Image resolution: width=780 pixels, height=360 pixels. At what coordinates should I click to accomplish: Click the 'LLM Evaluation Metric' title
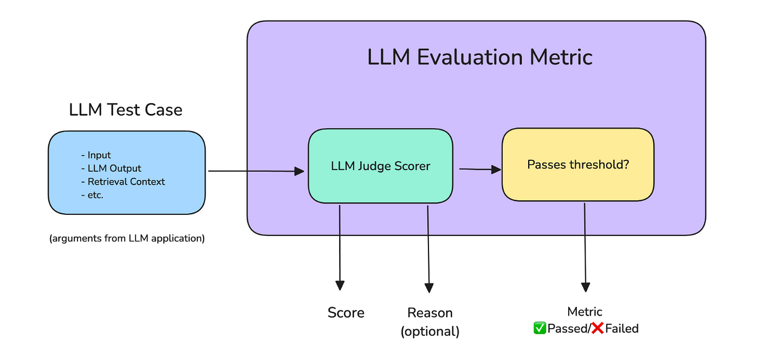tap(480, 57)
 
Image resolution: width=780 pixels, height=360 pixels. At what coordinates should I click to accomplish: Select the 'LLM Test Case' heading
tap(126, 110)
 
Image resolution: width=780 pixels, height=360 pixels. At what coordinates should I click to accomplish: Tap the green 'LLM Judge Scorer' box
tap(380, 166)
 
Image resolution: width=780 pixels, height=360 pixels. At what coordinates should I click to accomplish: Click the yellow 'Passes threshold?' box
tap(577, 164)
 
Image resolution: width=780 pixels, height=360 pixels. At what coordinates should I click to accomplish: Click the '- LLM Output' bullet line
tap(110, 168)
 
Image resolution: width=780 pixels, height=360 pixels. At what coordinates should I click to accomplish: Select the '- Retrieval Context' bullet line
tap(122, 181)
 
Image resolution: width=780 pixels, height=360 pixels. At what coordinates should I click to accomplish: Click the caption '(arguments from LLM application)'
tap(127, 238)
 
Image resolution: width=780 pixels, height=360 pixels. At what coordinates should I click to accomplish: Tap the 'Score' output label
tap(346, 312)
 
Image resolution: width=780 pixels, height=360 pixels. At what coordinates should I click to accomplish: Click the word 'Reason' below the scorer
tap(430, 312)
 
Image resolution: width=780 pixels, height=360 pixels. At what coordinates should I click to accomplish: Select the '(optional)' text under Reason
tap(430, 331)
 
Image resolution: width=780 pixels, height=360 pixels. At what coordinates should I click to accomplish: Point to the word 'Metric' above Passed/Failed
tap(584, 311)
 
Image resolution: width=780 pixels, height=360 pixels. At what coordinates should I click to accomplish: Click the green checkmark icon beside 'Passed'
tap(539, 328)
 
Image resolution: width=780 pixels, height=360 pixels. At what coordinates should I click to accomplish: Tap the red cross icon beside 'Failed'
tap(597, 328)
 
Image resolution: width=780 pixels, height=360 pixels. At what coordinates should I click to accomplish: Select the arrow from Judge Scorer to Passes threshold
tap(479, 169)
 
